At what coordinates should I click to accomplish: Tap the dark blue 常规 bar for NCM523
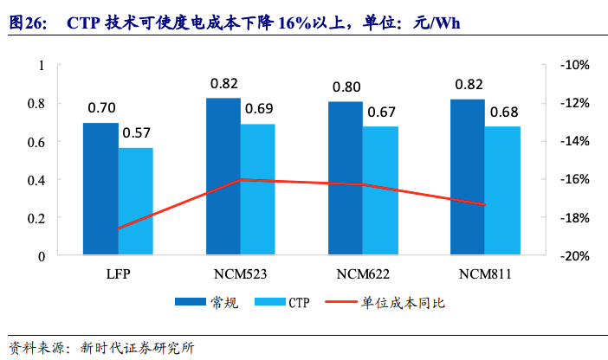223,177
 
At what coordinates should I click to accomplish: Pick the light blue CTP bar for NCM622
380,191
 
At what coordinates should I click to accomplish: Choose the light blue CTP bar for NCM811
502,191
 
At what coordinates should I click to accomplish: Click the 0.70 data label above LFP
101,109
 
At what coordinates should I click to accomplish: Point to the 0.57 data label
137,133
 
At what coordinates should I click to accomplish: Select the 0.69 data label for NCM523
258,109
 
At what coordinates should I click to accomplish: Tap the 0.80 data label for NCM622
346,87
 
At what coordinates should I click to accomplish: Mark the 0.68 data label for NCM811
503,112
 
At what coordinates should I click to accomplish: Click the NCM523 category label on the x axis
240,274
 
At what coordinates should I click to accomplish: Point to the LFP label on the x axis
118,274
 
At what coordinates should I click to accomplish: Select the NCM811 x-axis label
485,274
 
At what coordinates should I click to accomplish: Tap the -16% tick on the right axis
573,180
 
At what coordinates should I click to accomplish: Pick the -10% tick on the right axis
573,66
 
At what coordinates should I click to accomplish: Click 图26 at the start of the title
27,22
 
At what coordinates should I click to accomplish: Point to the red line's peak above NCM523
240,180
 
